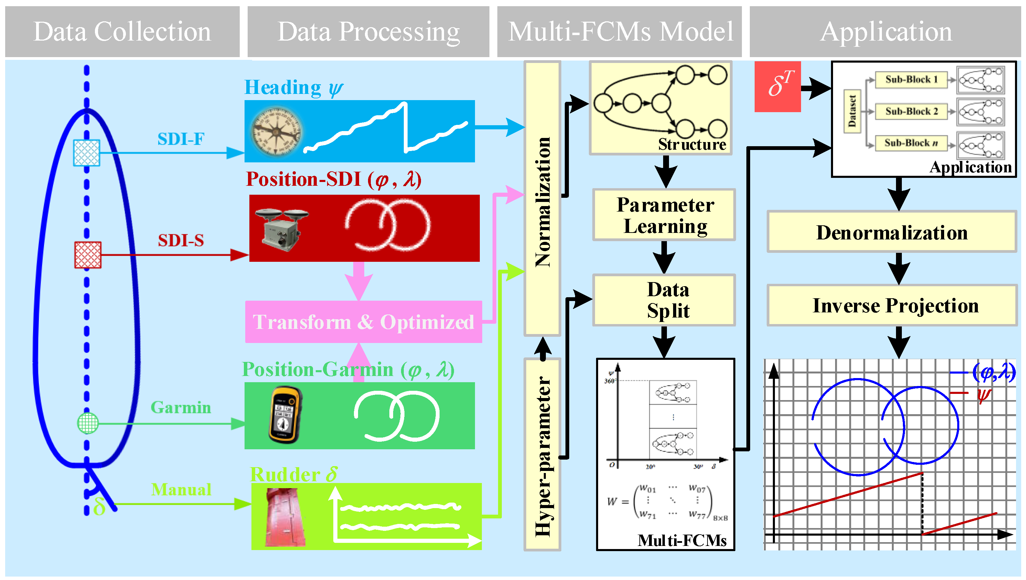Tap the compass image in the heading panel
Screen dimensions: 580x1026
pos(276,131)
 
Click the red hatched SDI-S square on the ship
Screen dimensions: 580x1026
pos(88,255)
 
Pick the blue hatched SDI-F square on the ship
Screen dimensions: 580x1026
pos(86,153)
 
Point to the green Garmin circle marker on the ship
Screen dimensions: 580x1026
pos(88,423)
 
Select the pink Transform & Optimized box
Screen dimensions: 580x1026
pos(363,322)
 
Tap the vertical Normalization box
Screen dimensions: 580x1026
pos(542,199)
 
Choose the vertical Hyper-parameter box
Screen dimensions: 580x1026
pos(542,454)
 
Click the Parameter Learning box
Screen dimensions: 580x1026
pos(664,215)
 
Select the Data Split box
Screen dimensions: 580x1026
pos(664,300)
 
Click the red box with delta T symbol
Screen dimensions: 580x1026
pos(777,86)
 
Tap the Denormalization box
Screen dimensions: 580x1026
pos(892,232)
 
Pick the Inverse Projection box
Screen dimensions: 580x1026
pos(892,305)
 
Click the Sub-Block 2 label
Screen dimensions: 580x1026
pos(911,111)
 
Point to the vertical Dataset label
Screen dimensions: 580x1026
pos(852,111)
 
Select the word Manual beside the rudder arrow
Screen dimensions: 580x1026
pos(181,490)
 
